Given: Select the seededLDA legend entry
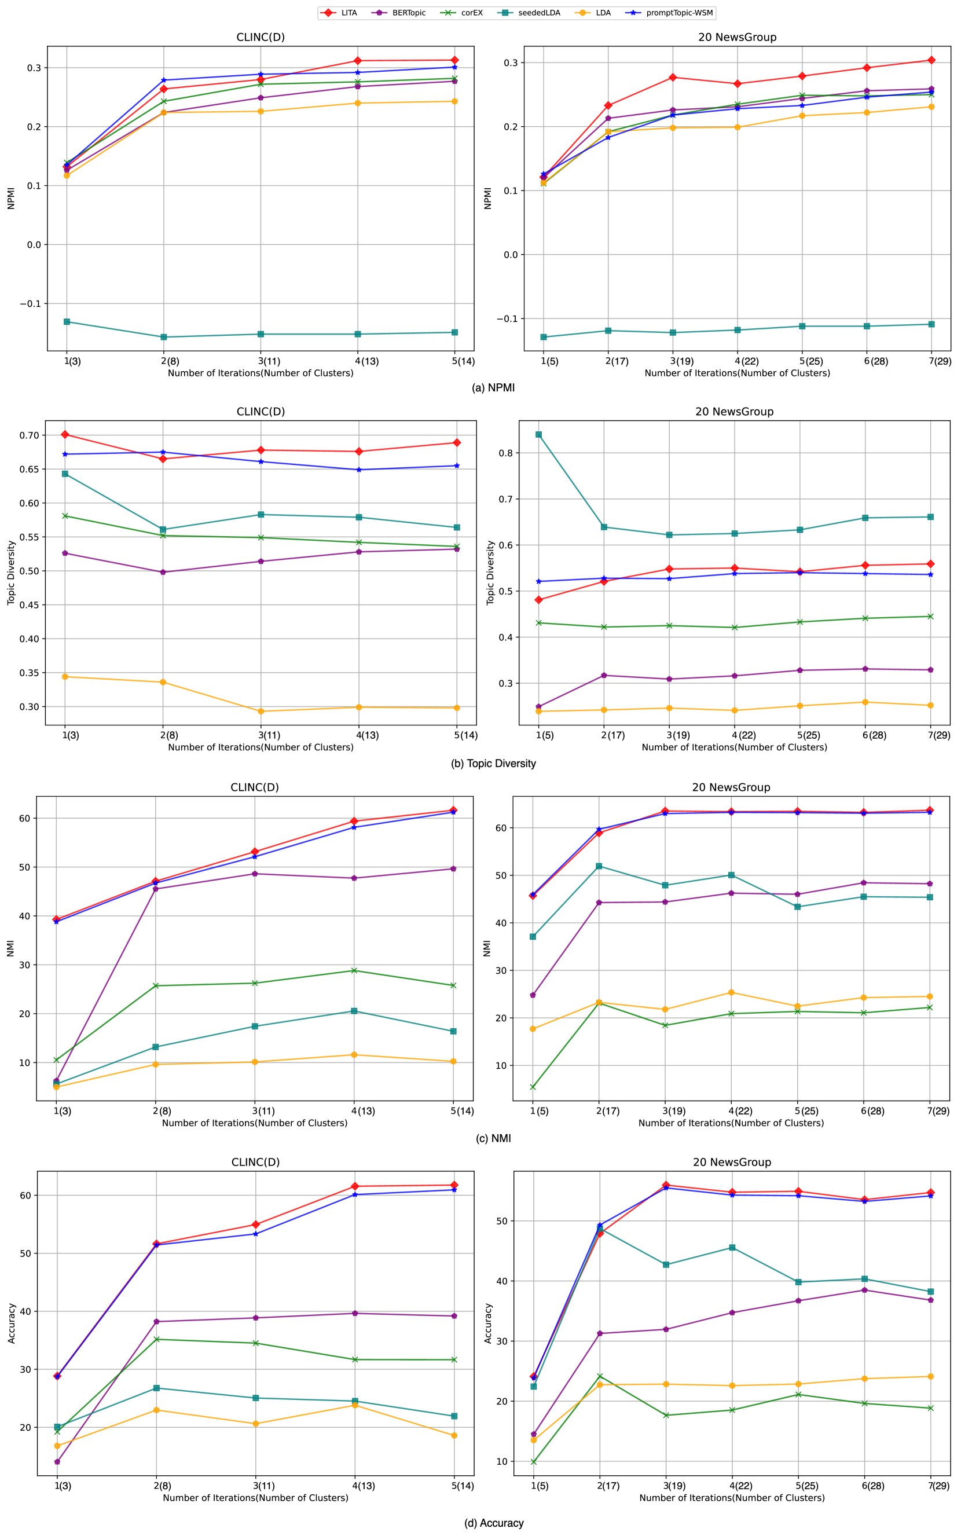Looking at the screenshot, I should tap(539, 13).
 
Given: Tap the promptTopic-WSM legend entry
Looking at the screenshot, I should tap(679, 13).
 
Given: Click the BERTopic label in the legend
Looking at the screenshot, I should tap(409, 13).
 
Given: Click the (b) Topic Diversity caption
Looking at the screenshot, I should tap(493, 763).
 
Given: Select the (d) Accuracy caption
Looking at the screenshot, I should tap(493, 1523).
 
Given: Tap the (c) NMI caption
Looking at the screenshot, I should tap(493, 1138).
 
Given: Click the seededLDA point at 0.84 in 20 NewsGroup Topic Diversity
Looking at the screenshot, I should tap(538, 435).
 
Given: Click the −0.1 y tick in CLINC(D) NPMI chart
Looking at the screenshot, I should tap(30, 304).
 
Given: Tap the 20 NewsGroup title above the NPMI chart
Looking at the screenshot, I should tap(738, 37).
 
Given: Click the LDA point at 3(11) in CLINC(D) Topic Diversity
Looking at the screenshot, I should tap(261, 711).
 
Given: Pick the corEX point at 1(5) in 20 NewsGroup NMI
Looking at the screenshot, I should tap(533, 1087).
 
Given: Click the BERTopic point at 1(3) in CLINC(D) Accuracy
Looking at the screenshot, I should tap(57, 1462).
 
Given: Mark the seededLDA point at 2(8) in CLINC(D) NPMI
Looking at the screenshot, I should tap(163, 337).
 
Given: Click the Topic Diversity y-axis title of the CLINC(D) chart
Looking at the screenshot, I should tap(11, 573).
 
